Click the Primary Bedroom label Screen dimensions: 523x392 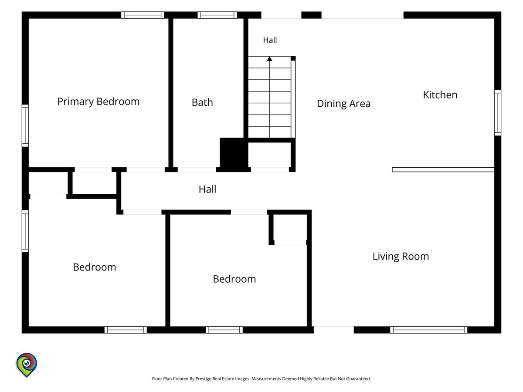coord(98,101)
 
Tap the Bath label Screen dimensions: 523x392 coord(202,102)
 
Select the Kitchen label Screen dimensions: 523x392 coord(440,95)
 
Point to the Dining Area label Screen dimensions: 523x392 coord(343,104)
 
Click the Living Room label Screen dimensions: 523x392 coord(401,257)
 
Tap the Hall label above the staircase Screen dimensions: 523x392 coord(270,40)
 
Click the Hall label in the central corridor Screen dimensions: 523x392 coord(207,189)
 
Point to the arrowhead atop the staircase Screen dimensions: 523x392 coord(269,58)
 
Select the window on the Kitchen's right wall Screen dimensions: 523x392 coord(498,112)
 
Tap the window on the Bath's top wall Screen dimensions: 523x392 coord(217,15)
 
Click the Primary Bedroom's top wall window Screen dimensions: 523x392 coord(143,15)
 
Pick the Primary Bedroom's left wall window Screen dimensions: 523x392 coord(25,126)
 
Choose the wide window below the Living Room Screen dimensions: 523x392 coord(428,330)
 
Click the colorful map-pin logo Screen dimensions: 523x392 coord(27,365)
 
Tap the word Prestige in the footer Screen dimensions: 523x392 coord(203,378)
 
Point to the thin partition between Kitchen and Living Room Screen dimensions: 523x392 coord(443,169)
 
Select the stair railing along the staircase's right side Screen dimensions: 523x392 coord(293,98)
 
